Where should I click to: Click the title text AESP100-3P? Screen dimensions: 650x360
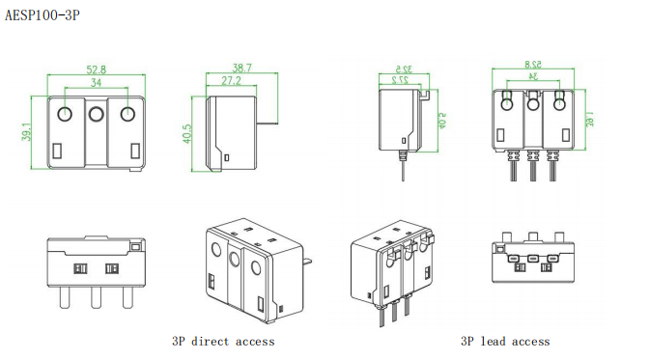42,15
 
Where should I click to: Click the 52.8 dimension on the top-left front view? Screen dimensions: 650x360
96,69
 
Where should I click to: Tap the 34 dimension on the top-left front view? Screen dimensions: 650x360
96,82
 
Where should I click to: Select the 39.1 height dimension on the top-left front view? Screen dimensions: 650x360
26,131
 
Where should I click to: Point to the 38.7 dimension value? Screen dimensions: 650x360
241,68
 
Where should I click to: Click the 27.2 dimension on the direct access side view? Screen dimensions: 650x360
231,80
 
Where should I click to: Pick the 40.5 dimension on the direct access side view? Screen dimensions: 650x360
187,134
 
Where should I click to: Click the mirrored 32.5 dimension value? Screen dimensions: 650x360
404,69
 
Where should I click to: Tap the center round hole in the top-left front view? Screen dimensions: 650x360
97,114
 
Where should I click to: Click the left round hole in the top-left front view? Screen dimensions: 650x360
65,114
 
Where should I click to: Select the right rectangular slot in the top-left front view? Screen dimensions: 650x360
135,151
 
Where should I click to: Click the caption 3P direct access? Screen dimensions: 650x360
223,342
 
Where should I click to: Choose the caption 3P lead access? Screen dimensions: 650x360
505,342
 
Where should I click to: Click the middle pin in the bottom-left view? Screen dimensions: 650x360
97,297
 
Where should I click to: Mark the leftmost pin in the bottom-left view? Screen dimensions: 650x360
65,297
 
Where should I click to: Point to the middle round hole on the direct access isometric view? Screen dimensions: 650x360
235,260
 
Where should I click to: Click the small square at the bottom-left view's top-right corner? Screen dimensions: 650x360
135,247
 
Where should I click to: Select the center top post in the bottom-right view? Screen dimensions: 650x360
533,237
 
